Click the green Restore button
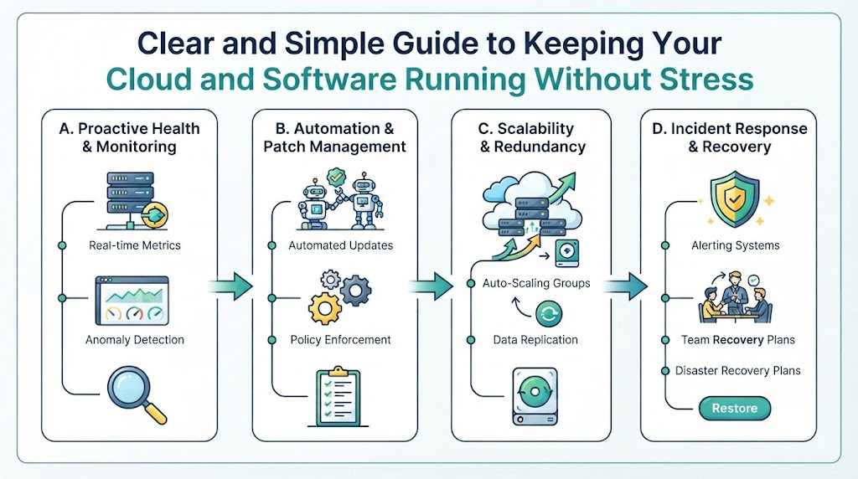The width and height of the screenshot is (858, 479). coord(734,408)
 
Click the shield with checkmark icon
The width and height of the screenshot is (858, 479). coord(734,199)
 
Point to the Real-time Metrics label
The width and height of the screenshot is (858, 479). coord(135,245)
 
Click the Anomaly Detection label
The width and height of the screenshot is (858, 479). coord(135,339)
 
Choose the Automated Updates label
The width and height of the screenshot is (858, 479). coord(340,245)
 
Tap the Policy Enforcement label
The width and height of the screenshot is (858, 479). coord(340,339)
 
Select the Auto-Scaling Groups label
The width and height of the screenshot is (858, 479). coord(536,283)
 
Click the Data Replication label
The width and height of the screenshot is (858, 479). coord(535,339)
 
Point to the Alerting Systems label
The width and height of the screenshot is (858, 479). coord(736,245)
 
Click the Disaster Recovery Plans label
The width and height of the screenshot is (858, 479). coord(737,371)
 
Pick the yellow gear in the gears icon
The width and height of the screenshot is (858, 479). coord(325,308)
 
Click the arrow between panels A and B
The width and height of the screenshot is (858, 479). coord(231,286)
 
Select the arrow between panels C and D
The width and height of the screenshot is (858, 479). coord(625,286)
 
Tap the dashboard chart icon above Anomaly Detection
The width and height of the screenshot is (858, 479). coord(132,301)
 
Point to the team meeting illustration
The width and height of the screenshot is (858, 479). coord(735,297)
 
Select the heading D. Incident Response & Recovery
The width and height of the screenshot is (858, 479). coord(730,137)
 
